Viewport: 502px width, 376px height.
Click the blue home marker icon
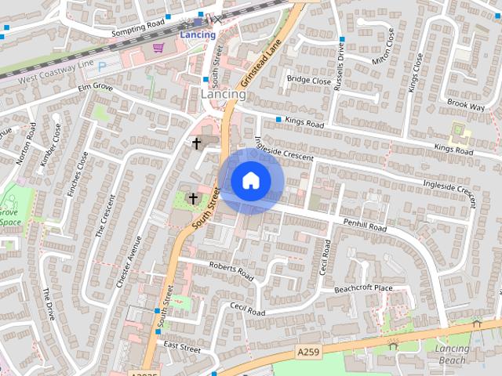click(250, 180)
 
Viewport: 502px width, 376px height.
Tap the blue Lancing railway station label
click(198, 34)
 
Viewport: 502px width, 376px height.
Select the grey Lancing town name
click(223, 94)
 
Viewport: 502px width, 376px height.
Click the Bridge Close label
click(308, 80)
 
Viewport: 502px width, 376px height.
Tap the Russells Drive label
click(340, 67)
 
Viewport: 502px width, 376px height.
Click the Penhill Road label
click(365, 226)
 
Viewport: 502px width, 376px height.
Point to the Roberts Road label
click(231, 271)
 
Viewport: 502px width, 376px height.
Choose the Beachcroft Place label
click(362, 289)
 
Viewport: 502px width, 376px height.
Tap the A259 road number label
click(309, 352)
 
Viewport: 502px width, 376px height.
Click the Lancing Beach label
click(452, 355)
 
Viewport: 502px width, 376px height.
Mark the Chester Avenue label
click(127, 263)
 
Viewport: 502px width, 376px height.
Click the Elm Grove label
click(95, 89)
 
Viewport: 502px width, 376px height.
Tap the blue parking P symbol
click(102, 66)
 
